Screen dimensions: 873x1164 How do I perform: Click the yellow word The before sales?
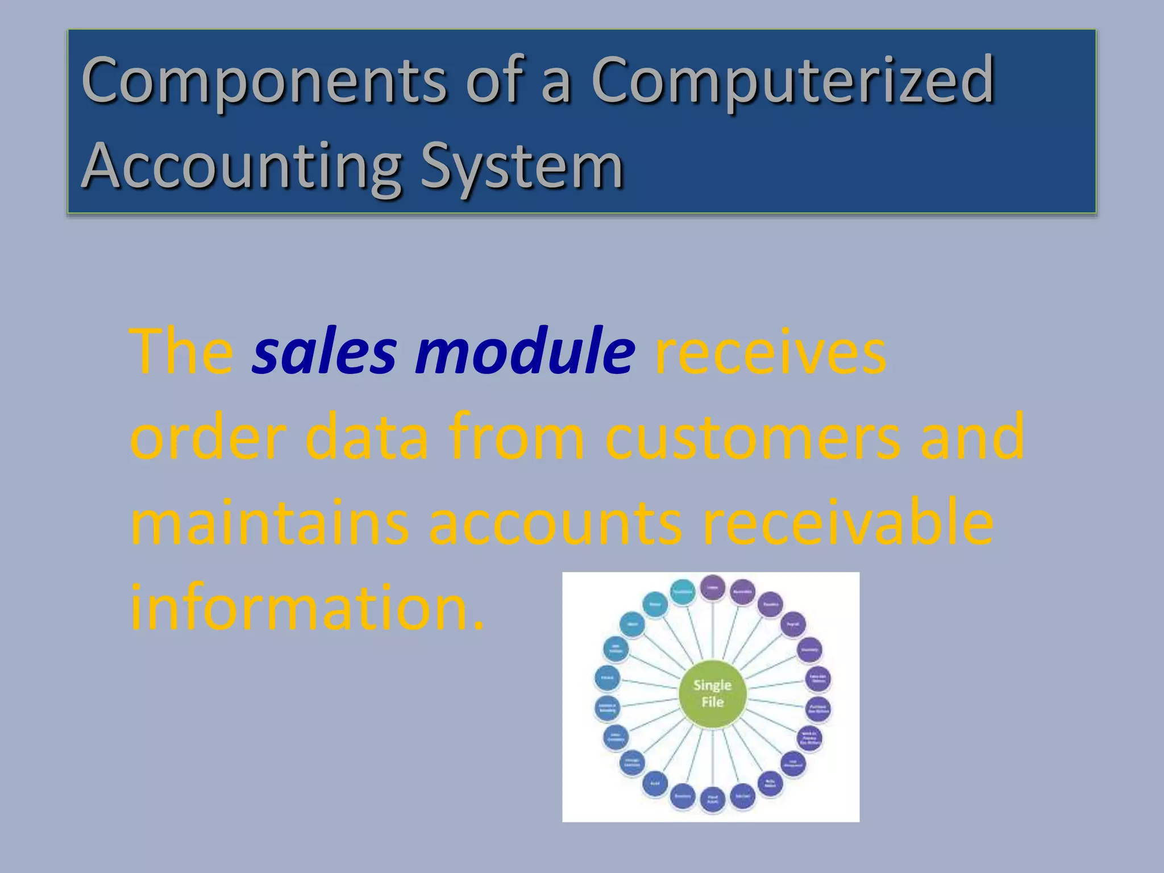[181, 352]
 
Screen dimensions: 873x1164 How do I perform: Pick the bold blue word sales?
[324, 352]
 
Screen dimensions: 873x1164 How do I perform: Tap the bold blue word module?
[525, 352]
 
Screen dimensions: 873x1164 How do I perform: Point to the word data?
[367, 438]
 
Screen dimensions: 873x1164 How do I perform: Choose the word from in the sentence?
[517, 438]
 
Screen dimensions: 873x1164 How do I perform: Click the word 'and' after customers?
[972, 438]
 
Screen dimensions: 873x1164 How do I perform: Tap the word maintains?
[269, 523]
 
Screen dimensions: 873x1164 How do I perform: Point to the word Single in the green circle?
[712, 685]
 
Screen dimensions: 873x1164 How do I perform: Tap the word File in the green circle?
[712, 702]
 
